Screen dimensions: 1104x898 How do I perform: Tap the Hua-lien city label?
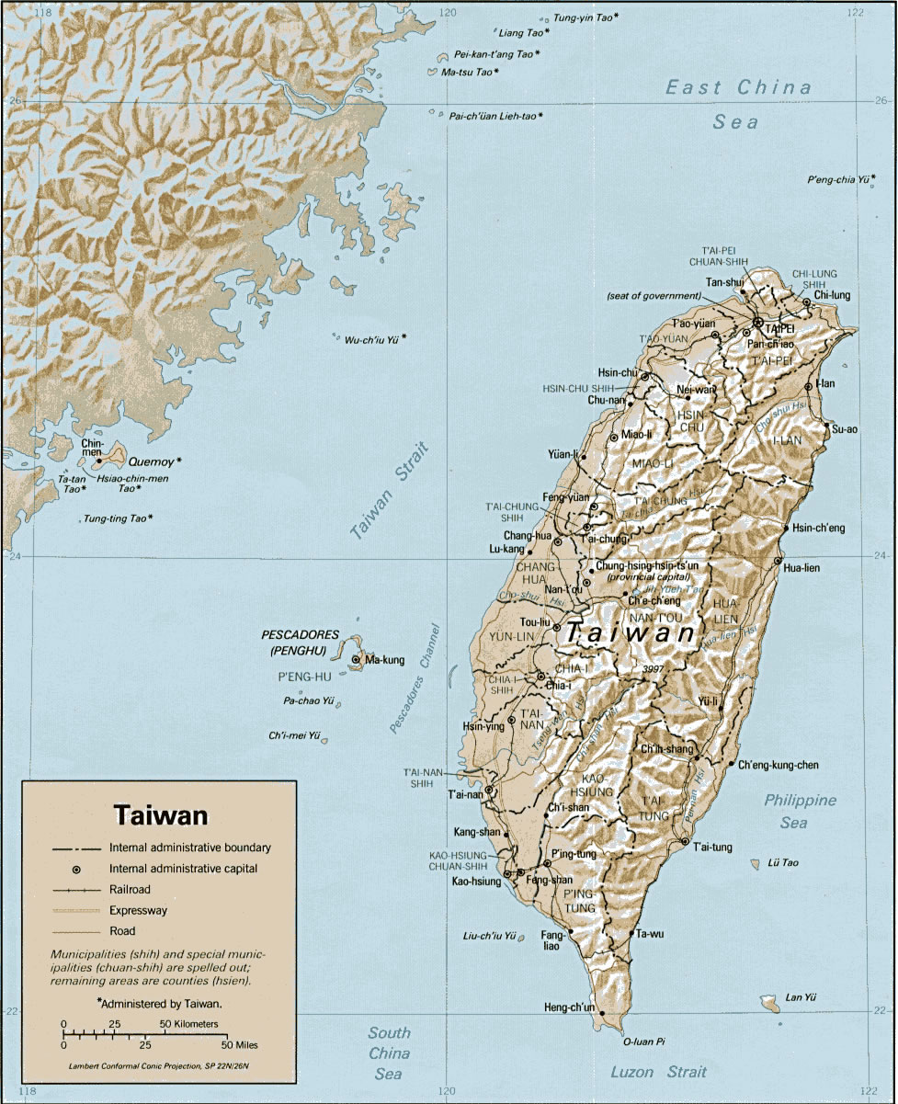pyautogui.click(x=801, y=568)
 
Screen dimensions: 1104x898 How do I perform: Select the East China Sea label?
pyautogui.click(x=739, y=103)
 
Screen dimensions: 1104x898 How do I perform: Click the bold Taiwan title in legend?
pyautogui.click(x=161, y=815)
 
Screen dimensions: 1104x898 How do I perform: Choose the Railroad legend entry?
pyautogui.click(x=130, y=889)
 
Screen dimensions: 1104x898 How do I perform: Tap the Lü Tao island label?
pyautogui.click(x=782, y=863)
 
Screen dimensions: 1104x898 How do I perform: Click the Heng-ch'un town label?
pyautogui.click(x=569, y=1007)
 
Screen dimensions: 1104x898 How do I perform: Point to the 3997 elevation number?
pyautogui.click(x=654, y=668)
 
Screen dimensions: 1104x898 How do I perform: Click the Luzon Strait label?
pyautogui.click(x=659, y=1072)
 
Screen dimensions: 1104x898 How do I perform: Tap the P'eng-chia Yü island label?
pyautogui.click(x=838, y=179)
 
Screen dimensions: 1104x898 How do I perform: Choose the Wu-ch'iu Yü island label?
pyautogui.click(x=371, y=339)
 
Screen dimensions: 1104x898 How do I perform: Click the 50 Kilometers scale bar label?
pyautogui.click(x=191, y=1023)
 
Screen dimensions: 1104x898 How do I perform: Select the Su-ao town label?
pyautogui.click(x=844, y=428)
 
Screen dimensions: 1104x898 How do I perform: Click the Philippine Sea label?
pyautogui.click(x=800, y=811)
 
